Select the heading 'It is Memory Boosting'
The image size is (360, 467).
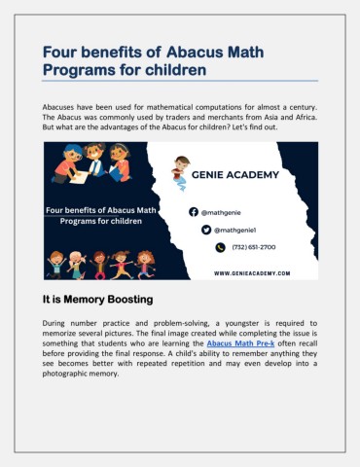click(96, 300)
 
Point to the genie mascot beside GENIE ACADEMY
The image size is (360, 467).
click(180, 172)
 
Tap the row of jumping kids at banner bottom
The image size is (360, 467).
click(100, 263)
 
